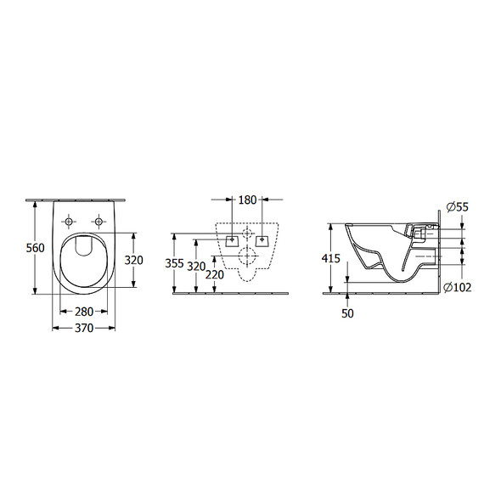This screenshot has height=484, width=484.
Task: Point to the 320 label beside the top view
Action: point(134,262)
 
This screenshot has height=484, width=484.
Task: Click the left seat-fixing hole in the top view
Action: point(69,222)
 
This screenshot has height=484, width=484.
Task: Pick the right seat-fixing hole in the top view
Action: point(99,222)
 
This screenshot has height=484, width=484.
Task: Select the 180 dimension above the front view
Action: point(247,200)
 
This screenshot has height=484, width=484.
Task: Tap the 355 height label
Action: point(173,264)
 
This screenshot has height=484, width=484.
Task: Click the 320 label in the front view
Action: point(196,265)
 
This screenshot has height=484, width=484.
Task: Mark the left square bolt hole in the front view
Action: point(232,239)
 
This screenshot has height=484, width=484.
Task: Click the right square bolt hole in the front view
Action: point(262,239)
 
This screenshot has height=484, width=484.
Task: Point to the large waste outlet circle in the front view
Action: point(246,256)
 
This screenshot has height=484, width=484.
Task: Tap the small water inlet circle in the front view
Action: point(246,232)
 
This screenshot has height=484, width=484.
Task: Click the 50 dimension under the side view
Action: point(348,313)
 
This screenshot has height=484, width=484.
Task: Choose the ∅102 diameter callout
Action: point(459,288)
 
